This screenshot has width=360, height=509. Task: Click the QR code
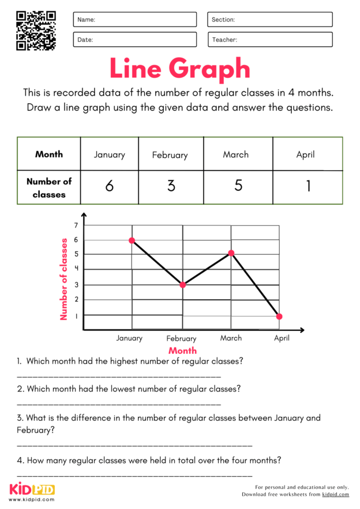click(36, 31)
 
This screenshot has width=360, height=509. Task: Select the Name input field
click(134, 20)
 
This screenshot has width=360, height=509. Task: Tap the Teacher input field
click(270, 40)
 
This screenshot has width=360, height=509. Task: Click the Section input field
click(270, 20)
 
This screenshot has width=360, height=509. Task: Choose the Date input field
click(134, 40)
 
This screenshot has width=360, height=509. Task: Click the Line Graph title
click(179, 69)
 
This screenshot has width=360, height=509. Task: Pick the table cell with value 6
click(110, 187)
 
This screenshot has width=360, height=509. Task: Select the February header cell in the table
click(170, 154)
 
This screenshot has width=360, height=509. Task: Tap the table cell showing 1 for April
click(308, 187)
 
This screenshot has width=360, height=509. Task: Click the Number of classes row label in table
click(49, 187)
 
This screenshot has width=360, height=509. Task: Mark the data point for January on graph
click(132, 240)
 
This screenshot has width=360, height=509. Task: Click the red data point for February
click(183, 285)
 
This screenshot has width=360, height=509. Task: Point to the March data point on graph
click(231, 253)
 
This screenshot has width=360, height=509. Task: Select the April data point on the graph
click(280, 316)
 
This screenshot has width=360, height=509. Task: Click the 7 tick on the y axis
click(75, 225)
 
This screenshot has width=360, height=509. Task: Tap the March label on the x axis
click(231, 338)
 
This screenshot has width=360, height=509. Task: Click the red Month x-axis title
click(182, 350)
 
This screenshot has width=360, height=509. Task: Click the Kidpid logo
click(32, 490)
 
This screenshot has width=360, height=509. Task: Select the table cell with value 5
click(238, 187)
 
